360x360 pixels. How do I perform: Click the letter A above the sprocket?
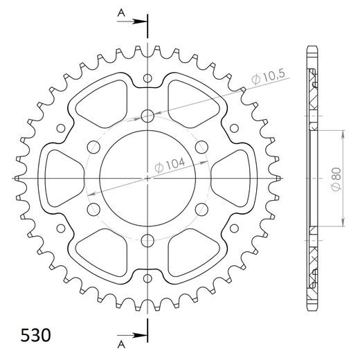pos(121,12)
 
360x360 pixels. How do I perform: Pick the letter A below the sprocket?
pos(121,343)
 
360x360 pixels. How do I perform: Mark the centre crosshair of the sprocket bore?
pos(148,178)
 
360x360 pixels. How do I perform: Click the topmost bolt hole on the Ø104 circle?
pos(148,116)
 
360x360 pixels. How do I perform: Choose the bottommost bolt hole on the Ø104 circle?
pos(148,240)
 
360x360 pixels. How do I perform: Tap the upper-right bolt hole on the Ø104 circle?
pos(202,147)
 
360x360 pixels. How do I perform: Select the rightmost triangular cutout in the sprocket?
pos(237,178)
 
